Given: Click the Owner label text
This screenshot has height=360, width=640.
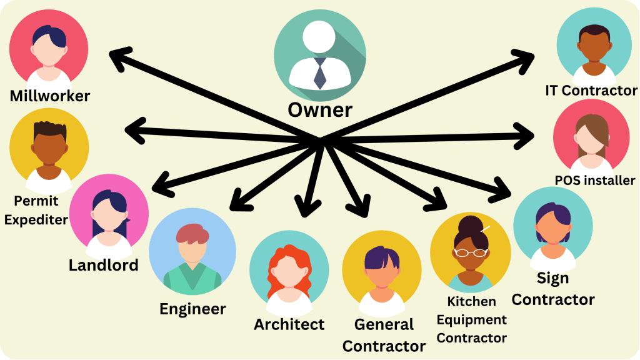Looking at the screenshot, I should tap(319, 110).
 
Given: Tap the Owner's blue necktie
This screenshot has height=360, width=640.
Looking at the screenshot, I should tap(319, 73).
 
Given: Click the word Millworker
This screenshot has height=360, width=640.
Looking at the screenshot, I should tap(50, 96).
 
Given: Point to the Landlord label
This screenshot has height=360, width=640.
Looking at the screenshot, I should tap(103, 264).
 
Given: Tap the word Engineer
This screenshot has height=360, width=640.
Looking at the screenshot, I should tap(192, 309).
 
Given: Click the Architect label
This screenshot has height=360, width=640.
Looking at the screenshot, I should tap(289, 324).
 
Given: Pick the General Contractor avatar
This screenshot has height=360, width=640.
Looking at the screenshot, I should tap(381, 270).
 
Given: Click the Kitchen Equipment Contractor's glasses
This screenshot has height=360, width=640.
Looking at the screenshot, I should tap(471, 252).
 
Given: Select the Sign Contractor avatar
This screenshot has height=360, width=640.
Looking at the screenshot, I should tap(552, 227).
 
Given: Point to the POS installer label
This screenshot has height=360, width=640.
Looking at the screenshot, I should tap(594, 181).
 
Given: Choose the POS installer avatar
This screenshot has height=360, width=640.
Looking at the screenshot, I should tap(591, 136).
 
